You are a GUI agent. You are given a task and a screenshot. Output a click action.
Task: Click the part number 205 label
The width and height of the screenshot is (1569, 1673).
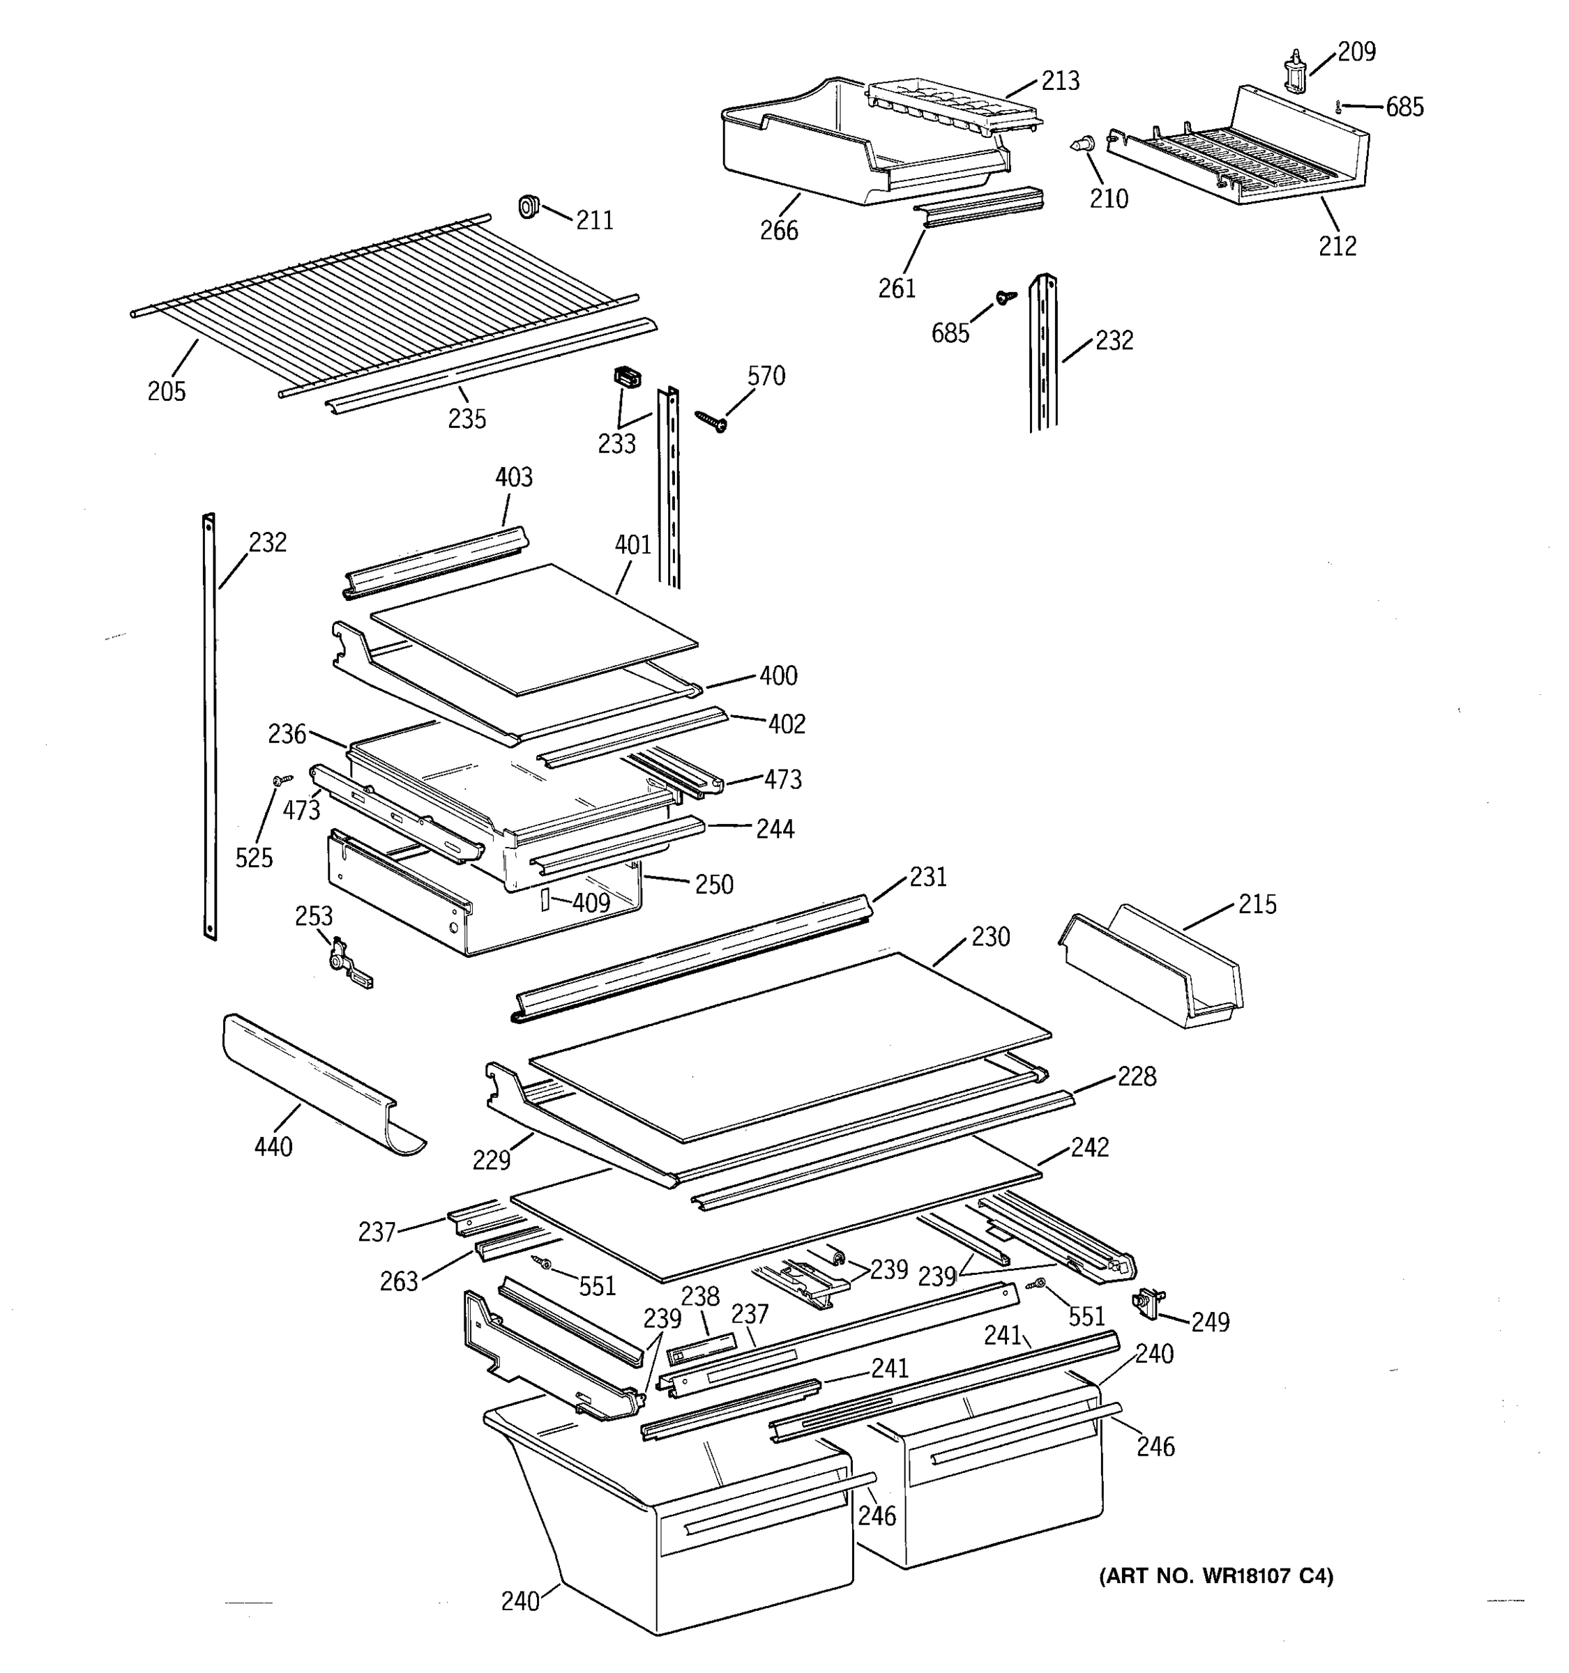pos(167,391)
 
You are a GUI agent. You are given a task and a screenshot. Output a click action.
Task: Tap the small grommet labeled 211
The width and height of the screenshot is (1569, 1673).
pos(529,206)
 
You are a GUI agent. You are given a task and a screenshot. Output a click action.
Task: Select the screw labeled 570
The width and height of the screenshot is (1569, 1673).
pos(711,421)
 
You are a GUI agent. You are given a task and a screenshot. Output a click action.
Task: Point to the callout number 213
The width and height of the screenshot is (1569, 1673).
pos(1060,81)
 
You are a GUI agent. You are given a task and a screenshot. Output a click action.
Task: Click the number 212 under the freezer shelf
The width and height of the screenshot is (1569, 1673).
pos(1337,246)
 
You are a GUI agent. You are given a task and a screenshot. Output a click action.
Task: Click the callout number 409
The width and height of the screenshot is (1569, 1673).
pos(591,903)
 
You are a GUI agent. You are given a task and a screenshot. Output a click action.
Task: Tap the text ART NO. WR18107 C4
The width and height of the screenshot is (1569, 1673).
pos(1216,1575)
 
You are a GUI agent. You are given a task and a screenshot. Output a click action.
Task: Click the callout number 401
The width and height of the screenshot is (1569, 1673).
pos(633,544)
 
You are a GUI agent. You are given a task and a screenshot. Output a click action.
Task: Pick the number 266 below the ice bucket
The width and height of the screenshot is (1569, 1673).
pos(779,231)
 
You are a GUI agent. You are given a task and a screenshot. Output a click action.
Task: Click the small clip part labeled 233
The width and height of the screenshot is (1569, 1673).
pos(627,376)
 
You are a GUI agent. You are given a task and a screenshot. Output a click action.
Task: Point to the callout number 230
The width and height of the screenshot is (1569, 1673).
pos(990,937)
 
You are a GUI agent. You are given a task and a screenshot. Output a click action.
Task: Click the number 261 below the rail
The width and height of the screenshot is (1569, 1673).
pos(897,289)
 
